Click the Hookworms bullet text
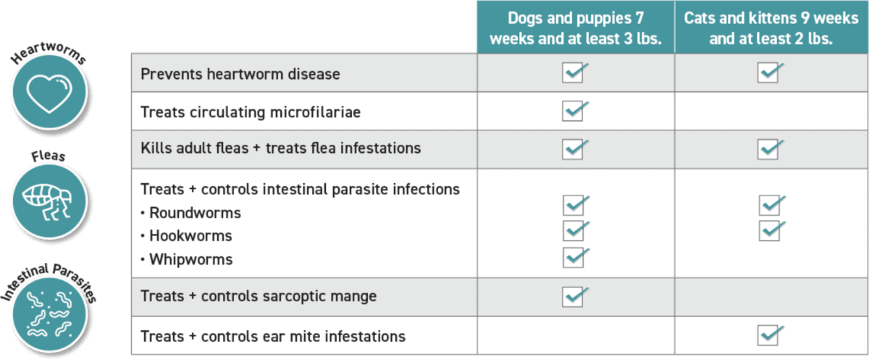(190, 235)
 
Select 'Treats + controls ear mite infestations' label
(273, 337)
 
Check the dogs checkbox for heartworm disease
(573, 73)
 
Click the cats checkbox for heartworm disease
(768, 73)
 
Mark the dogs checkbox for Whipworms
(573, 256)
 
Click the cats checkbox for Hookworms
(769, 230)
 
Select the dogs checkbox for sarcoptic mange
(573, 296)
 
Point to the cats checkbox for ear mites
(768, 335)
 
